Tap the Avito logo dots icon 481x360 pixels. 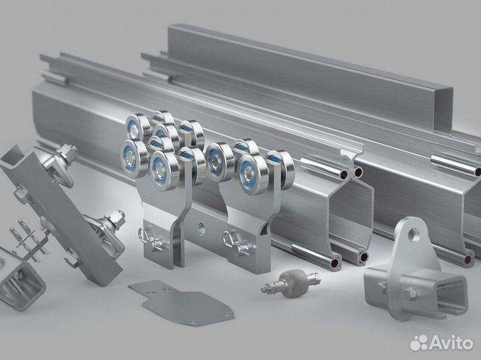coord(419,343)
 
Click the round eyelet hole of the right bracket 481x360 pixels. coord(413,234)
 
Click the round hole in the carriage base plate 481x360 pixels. coord(201,228)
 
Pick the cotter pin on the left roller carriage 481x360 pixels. coord(150,240)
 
